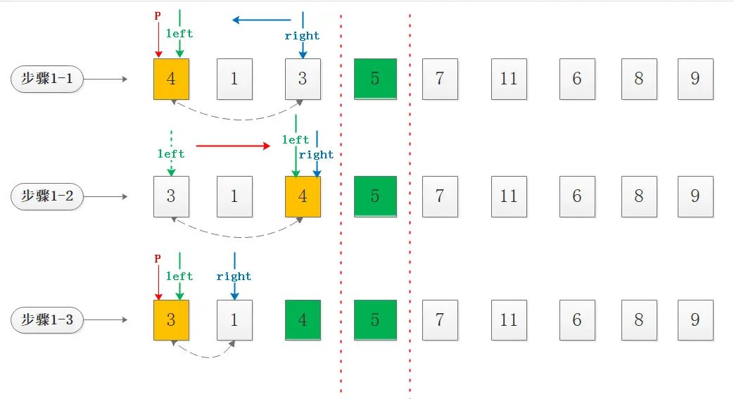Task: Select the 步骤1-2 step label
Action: (47, 196)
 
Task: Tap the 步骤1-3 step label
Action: (47, 320)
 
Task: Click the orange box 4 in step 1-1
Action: (171, 78)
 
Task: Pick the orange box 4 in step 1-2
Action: (303, 196)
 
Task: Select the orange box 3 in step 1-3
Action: (171, 320)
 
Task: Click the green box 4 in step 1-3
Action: (303, 320)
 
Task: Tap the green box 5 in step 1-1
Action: (374, 78)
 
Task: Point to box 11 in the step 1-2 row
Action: (509, 196)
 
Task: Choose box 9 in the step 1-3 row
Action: (695, 320)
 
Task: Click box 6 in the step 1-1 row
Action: (577, 78)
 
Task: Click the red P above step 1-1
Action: (158, 16)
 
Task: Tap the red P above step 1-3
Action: (158, 259)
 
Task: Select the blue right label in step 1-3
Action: (234, 277)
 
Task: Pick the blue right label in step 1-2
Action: (317, 155)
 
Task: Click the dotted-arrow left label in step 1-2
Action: (171, 153)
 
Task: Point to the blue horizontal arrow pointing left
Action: (261, 20)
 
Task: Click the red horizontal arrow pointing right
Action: (233, 146)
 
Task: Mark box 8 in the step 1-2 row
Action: (639, 196)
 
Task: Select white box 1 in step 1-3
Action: (234, 320)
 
